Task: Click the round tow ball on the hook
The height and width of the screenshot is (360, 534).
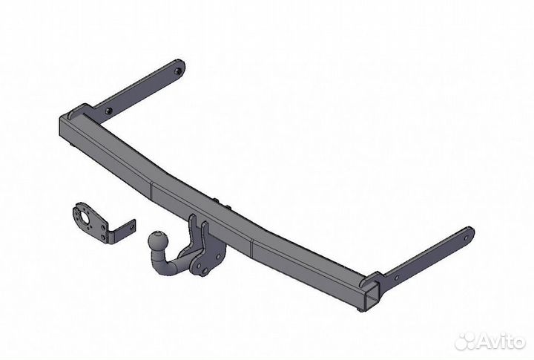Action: (159, 241)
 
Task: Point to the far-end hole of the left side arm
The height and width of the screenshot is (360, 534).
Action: (177, 71)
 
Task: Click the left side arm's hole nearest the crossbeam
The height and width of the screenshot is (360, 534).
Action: (108, 111)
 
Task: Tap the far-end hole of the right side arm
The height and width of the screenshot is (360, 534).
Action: (466, 239)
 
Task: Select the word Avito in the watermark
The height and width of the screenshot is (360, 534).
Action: (501, 341)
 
